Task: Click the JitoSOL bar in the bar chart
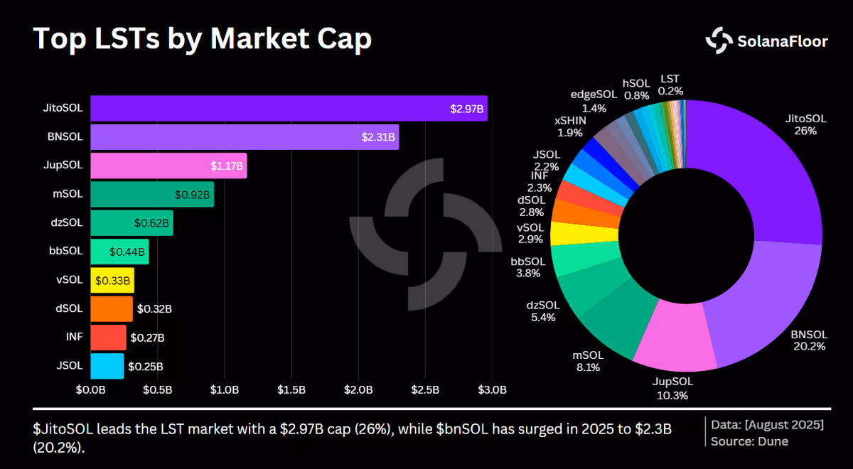click(289, 109)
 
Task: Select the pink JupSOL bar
click(168, 166)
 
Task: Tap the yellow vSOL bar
click(112, 281)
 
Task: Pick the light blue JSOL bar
click(107, 366)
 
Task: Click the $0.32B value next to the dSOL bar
click(154, 308)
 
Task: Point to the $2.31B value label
click(378, 137)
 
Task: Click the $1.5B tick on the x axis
click(291, 390)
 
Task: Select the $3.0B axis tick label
click(493, 390)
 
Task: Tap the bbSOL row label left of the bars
click(65, 251)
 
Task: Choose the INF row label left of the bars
click(74, 337)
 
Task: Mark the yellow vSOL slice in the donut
click(584, 233)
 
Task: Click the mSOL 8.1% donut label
click(588, 361)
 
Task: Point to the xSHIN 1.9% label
click(570, 126)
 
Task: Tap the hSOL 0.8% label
click(636, 90)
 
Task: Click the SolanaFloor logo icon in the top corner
click(719, 41)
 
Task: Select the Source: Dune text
click(749, 441)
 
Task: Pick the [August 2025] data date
click(785, 425)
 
